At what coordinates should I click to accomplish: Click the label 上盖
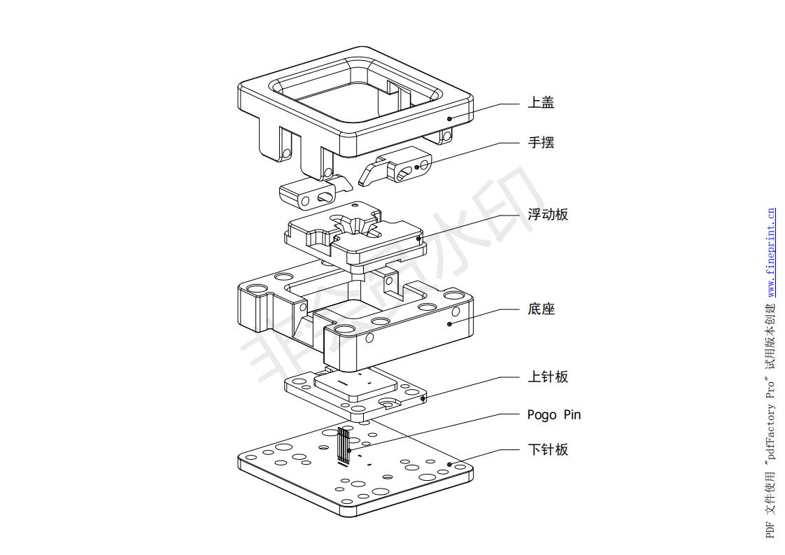(541, 104)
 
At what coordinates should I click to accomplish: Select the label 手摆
(541, 143)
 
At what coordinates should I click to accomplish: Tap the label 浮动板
(548, 215)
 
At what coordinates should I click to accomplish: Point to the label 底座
(541, 309)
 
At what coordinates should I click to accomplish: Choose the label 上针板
(548, 377)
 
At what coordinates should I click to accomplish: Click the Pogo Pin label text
(553, 415)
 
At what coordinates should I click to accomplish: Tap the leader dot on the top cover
(449, 119)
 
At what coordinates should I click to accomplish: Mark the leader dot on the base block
(449, 324)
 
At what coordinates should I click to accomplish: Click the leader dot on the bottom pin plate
(449, 463)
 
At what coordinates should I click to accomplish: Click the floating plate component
(353, 234)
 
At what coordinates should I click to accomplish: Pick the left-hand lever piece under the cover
(315, 193)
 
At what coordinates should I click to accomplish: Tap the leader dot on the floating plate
(419, 239)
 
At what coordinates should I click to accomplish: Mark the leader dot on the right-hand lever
(417, 167)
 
